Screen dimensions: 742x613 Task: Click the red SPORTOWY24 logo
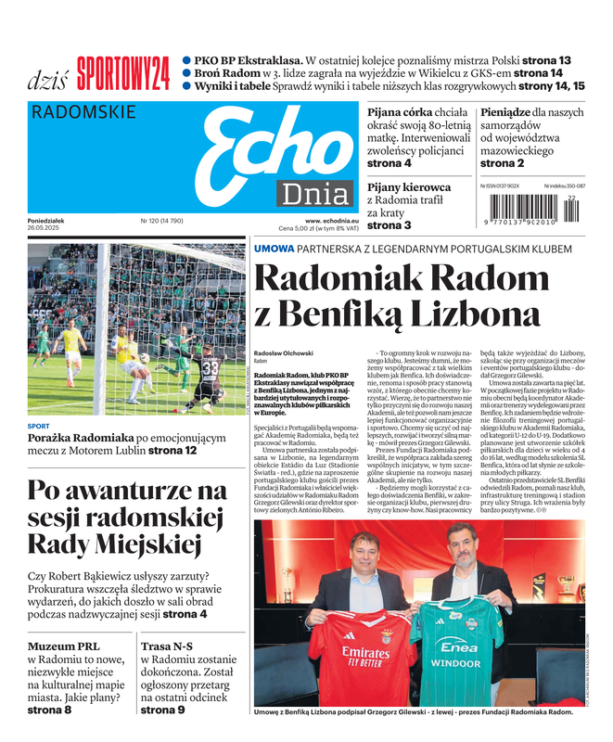(x=123, y=72)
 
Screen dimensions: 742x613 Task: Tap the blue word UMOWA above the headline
(x=275, y=248)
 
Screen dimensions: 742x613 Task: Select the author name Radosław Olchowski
(x=284, y=353)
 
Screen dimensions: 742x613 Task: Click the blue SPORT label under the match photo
(x=38, y=426)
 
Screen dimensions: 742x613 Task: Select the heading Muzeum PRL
(x=65, y=646)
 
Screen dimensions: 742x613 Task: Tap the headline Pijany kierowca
(x=409, y=186)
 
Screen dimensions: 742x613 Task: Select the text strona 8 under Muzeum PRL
(x=49, y=710)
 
